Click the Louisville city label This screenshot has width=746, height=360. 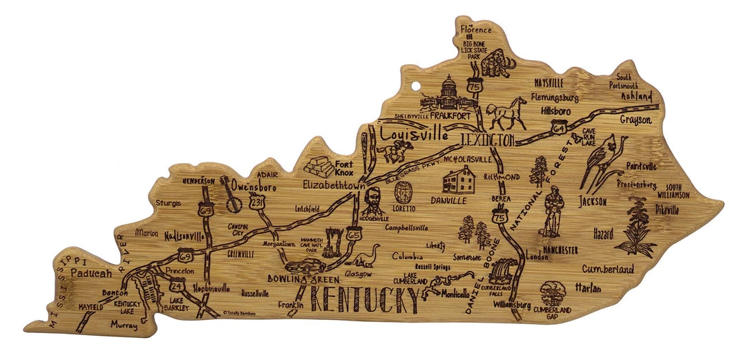413,133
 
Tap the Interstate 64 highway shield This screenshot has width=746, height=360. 559,126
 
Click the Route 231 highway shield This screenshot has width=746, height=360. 257,202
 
